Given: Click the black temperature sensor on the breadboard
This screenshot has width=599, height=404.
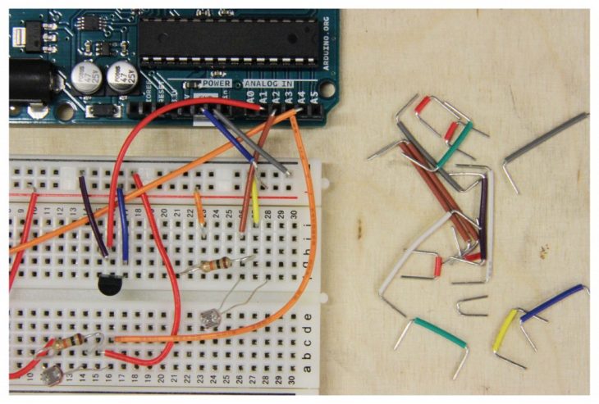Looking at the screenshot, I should (110, 284).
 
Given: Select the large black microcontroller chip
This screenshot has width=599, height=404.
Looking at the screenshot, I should (225, 42).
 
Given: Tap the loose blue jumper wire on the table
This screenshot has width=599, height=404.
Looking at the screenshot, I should (554, 301).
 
